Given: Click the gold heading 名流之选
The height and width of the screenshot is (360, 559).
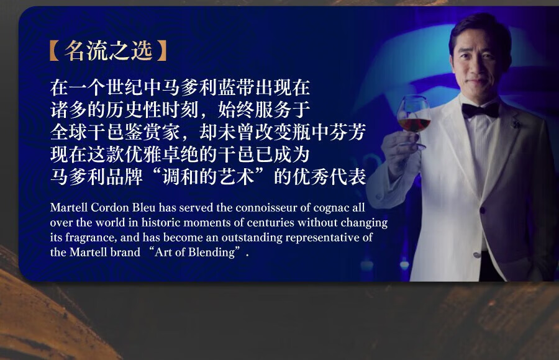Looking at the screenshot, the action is coord(109,51).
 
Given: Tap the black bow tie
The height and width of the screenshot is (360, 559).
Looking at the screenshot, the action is coord(480,110).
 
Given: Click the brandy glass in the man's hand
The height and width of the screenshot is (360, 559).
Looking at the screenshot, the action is coord(413,122).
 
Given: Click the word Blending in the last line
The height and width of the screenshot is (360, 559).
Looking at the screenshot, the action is coord(212,253).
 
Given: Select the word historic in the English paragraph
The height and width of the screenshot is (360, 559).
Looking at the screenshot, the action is coord(161,222).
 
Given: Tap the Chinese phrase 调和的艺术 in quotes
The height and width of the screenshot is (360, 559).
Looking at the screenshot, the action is coord(209,176).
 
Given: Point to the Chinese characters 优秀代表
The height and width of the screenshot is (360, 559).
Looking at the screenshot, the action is coord(329,176).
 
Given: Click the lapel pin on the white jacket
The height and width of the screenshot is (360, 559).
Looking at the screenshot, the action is coord(514,125).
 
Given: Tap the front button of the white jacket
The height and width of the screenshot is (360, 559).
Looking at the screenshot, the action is coord(483,210).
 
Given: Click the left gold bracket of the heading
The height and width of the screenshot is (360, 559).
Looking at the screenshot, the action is coord(55,51).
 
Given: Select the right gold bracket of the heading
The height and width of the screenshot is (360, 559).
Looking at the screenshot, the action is coord(162,51).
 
